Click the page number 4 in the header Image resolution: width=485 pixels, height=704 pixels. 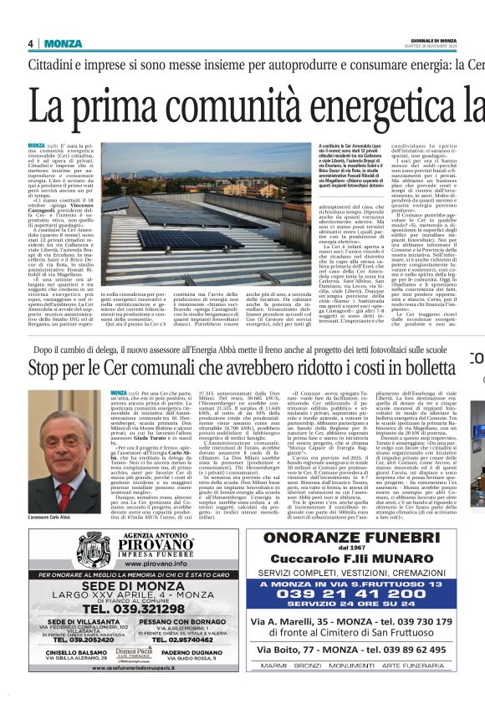[30, 43]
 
